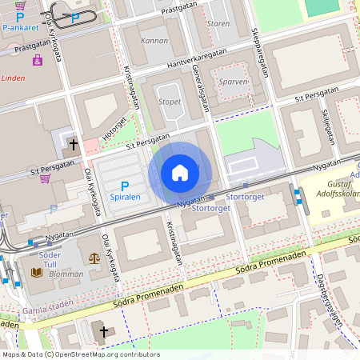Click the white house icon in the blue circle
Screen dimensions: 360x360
[180, 172]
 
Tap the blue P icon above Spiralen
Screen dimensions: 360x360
[125, 185]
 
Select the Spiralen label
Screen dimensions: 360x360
[125, 197]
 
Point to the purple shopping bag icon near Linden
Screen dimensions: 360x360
[37, 61]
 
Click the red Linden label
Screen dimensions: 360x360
[13, 78]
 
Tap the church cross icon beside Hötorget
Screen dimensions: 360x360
[74, 145]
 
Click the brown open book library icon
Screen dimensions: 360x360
[37, 273]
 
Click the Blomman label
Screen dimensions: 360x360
[66, 274]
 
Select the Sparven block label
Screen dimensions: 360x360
[233, 82]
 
